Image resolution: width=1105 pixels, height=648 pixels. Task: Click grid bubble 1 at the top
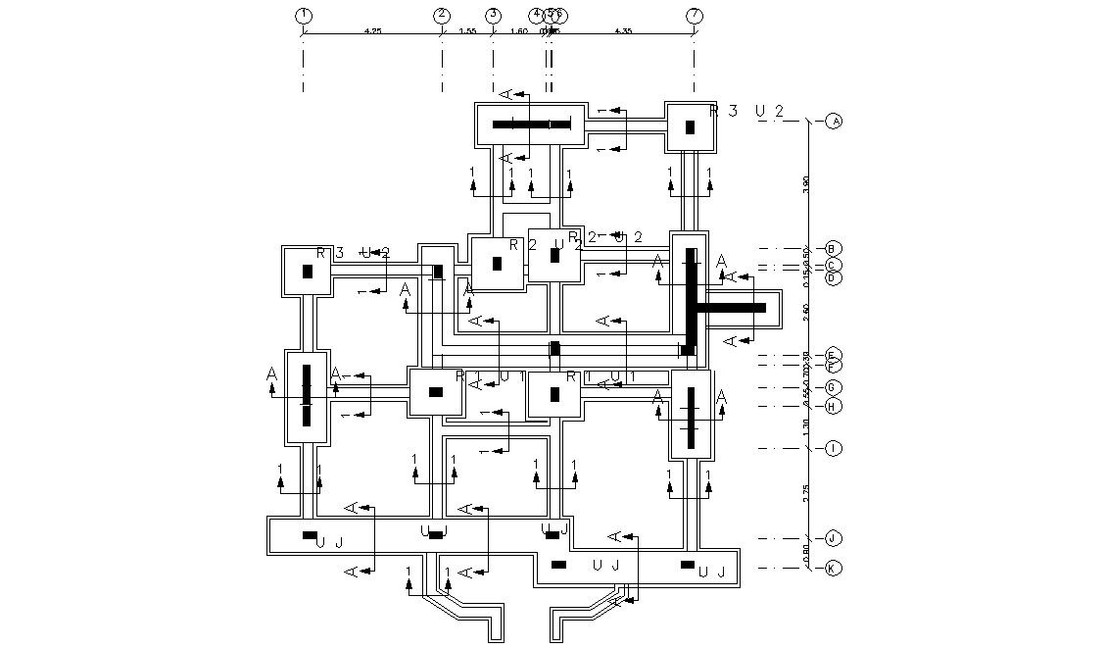click(304, 15)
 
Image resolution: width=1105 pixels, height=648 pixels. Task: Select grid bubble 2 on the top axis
click(442, 15)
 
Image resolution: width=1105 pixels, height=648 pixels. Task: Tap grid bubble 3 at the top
click(493, 15)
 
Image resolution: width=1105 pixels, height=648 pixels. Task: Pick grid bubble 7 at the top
click(695, 15)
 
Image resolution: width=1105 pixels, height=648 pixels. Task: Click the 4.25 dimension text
click(372, 31)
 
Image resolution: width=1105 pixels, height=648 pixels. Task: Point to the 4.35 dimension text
click(622, 31)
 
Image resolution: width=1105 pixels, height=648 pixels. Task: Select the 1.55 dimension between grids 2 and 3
click(467, 31)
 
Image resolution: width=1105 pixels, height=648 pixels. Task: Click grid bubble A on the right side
click(834, 122)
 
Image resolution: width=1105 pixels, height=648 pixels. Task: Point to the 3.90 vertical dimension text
click(805, 184)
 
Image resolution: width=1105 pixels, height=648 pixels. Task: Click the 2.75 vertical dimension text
click(805, 493)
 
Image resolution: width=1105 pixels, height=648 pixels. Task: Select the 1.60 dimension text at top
click(519, 31)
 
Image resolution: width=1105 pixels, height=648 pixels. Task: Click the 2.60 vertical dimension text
click(805, 312)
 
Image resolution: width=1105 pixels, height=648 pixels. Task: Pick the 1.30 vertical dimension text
click(805, 427)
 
